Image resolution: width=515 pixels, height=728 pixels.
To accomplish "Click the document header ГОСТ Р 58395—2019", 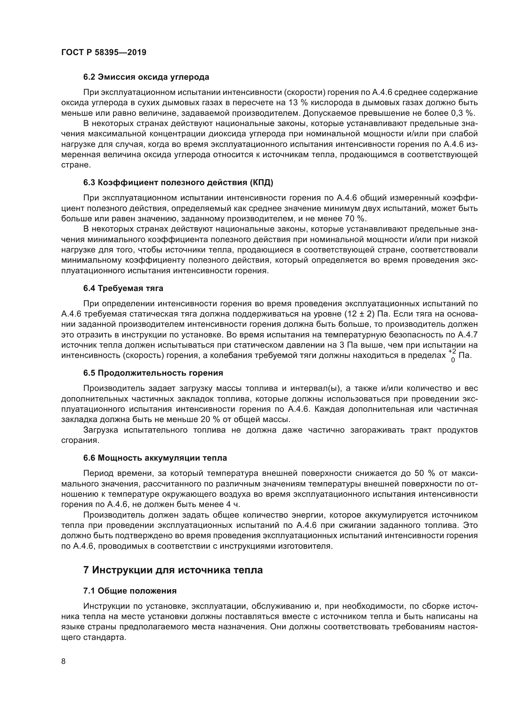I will pyautogui.click(x=104, y=53).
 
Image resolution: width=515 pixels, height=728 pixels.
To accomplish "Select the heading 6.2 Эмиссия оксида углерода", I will pyautogui.click(x=146, y=77).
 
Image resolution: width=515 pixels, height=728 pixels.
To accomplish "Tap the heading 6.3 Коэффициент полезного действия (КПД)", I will pyautogui.click(x=178, y=182).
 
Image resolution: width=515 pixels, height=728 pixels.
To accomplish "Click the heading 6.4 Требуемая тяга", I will pyautogui.click(x=123, y=288).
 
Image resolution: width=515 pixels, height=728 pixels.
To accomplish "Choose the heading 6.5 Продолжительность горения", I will pyautogui.click(x=153, y=373).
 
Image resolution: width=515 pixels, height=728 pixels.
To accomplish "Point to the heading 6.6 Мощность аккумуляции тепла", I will pyautogui.click(x=155, y=458).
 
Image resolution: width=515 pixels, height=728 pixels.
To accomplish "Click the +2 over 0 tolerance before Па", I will pyautogui.click(x=452, y=355).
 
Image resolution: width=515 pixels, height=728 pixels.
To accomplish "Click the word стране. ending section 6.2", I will pyautogui.click(x=76, y=165).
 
